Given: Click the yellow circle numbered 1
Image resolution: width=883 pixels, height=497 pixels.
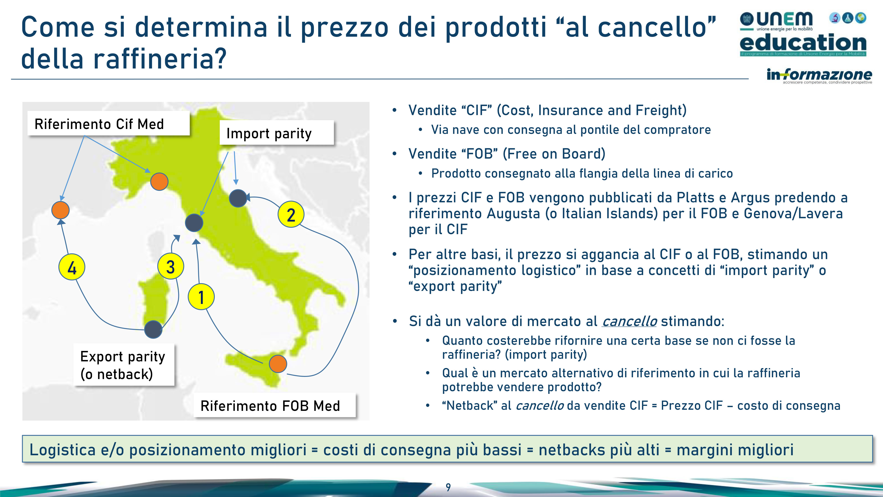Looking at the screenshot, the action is pos(201,297).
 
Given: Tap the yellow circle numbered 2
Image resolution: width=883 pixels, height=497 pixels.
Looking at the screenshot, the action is pos(291,214).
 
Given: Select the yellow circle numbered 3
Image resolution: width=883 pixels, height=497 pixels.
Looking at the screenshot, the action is pos(171,266).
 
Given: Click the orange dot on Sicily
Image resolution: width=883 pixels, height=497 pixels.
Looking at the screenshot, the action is pos(278,364).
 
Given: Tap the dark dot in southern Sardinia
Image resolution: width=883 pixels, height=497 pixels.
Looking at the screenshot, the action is pos(153,330).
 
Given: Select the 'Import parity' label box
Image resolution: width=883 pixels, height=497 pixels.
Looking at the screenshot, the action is pos(277,133).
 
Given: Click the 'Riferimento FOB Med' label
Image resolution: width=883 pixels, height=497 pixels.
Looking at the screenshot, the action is pos(275,405).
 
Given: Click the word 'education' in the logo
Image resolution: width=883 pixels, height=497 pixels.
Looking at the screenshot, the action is pos(803,43).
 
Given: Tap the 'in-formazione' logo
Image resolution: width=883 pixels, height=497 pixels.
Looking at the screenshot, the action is pos(819,76).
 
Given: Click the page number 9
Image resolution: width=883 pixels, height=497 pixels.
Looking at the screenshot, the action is pos(448,487).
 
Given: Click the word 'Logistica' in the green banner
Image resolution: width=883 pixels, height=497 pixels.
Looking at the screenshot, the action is pos(62,450).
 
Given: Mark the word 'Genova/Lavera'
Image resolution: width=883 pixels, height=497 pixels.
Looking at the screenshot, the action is pos(793,214).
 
